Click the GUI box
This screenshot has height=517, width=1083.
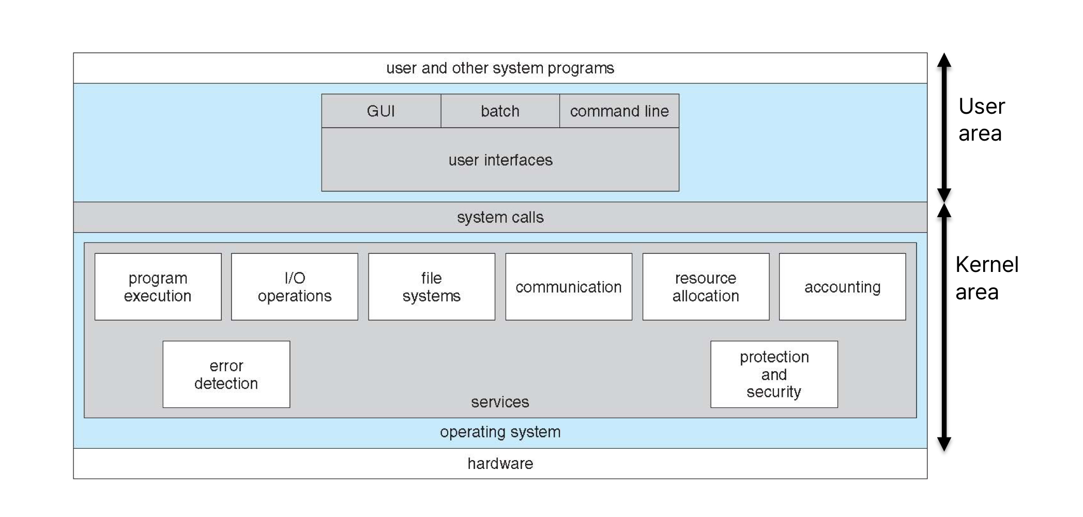click(x=381, y=111)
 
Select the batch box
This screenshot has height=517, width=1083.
click(x=500, y=111)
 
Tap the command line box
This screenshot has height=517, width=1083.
click(x=619, y=111)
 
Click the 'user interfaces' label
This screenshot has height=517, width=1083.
click(x=500, y=160)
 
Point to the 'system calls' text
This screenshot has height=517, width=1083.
click(x=500, y=217)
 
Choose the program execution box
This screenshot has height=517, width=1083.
click(x=158, y=287)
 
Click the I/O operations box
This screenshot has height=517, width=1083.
click(x=295, y=287)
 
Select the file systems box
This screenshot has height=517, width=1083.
click(x=432, y=287)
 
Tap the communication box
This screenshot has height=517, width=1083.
click(x=569, y=287)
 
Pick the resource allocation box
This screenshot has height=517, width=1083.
click(x=706, y=287)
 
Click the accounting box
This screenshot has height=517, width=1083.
click(x=843, y=287)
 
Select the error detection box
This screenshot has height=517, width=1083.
click(x=226, y=374)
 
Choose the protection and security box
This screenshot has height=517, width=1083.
click(x=774, y=374)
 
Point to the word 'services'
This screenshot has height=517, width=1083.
click(x=500, y=402)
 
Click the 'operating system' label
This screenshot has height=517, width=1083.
click(x=500, y=432)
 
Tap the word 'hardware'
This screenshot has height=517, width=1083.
click(x=500, y=463)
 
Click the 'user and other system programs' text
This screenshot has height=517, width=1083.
click(x=500, y=68)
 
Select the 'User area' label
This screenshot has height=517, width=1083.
click(x=981, y=120)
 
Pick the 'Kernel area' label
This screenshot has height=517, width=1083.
click(x=986, y=278)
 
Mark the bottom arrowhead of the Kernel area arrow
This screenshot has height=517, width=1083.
click(x=944, y=444)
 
